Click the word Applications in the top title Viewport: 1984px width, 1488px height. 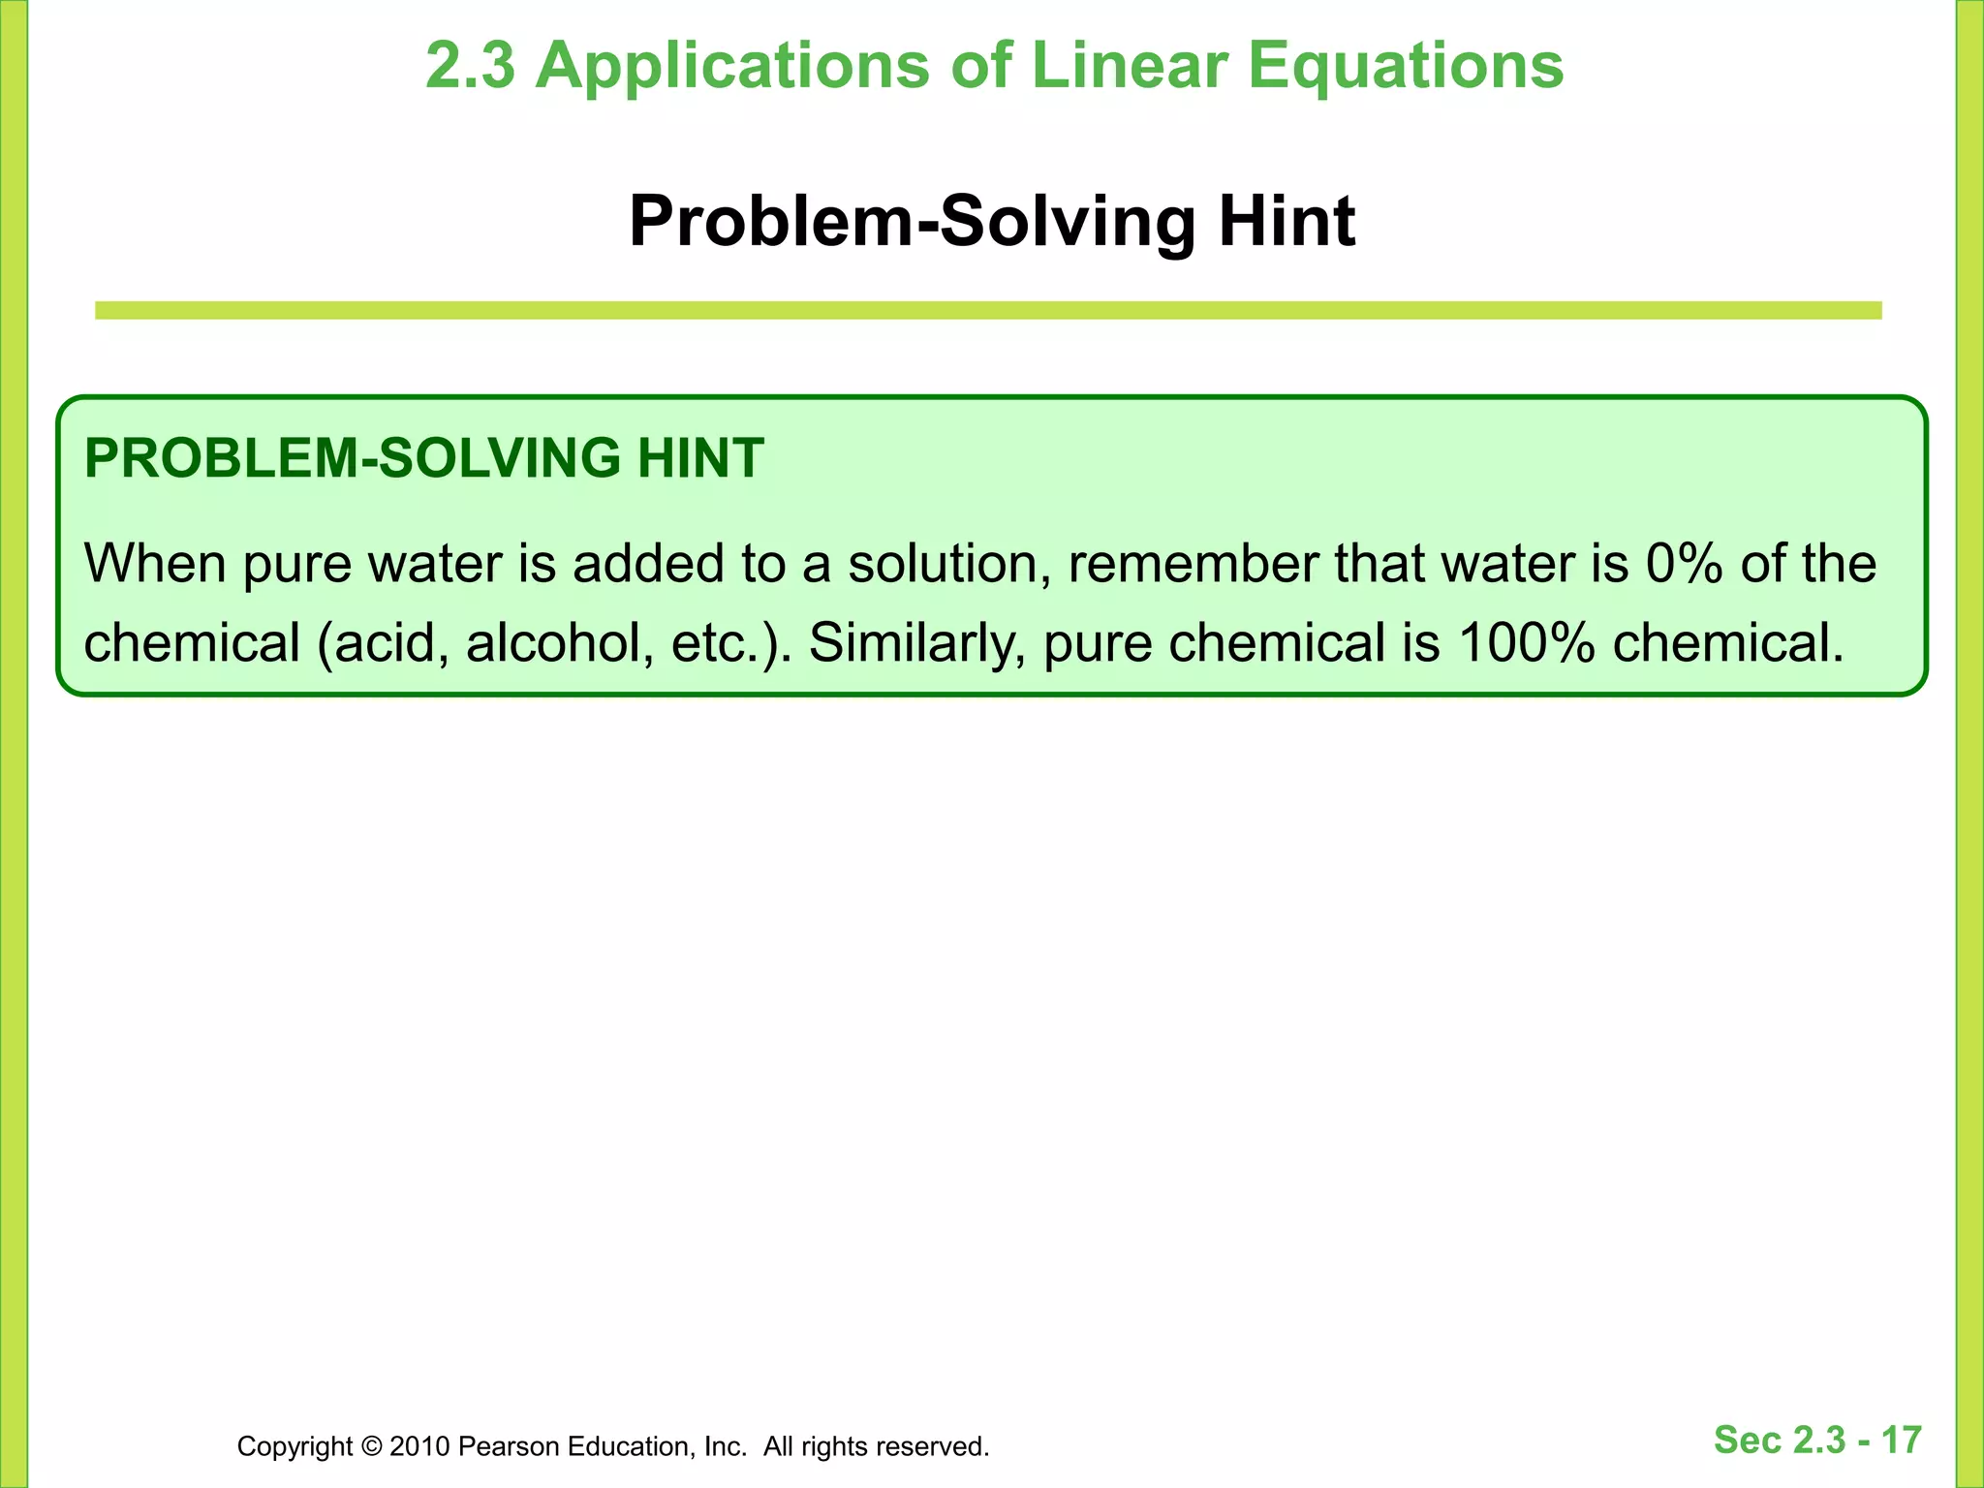tap(732, 66)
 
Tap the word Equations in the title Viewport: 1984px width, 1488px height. tap(1405, 66)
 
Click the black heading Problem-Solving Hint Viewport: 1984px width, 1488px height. tap(991, 222)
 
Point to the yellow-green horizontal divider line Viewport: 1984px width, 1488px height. tap(988, 310)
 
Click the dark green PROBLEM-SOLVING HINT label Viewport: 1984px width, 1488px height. tap(424, 458)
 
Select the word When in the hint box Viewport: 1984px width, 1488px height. tap(155, 564)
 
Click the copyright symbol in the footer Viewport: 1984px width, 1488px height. tap(370, 1447)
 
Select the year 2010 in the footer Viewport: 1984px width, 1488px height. tap(419, 1447)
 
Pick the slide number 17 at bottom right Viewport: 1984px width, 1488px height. tap(1902, 1441)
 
